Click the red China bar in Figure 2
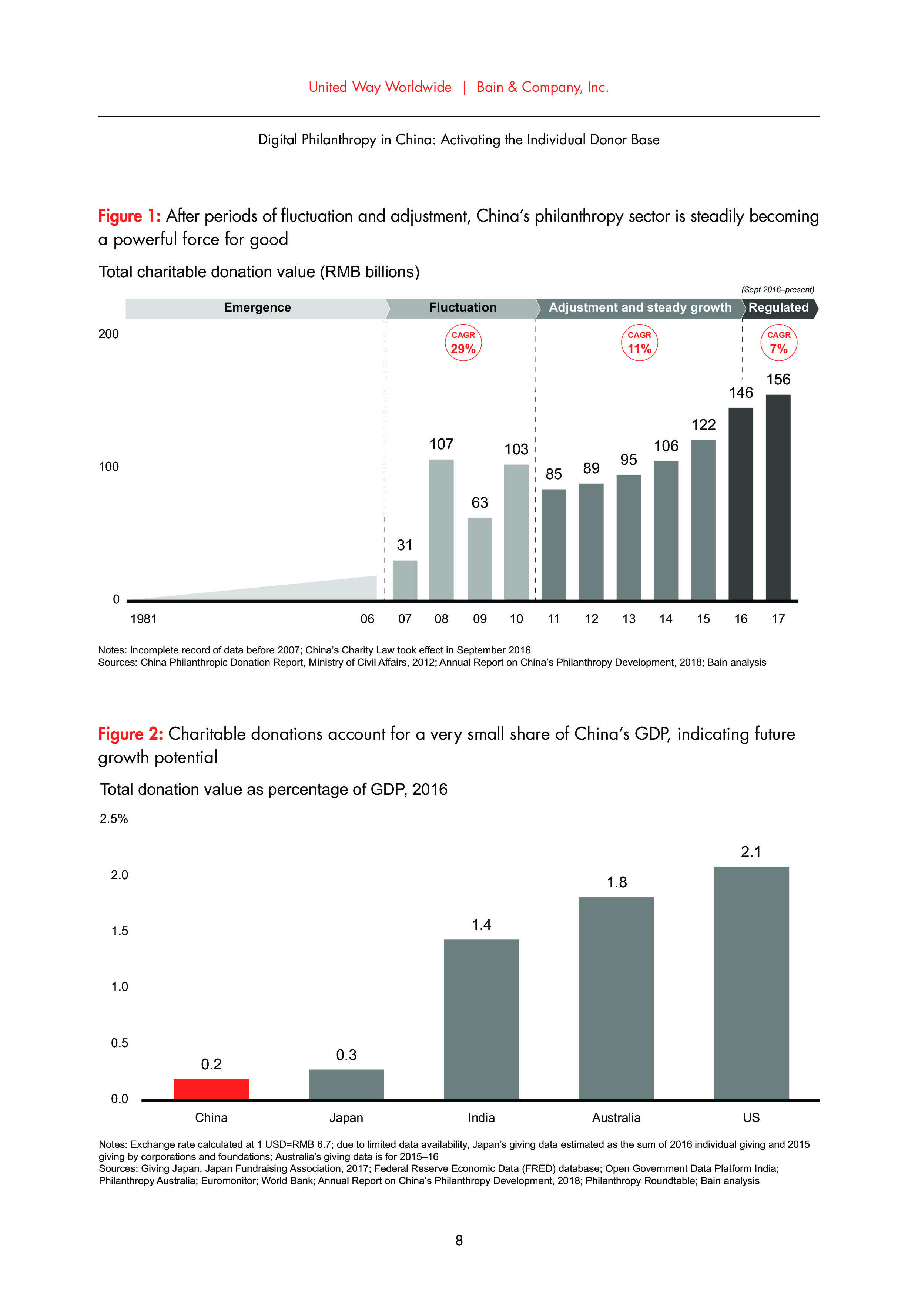coord(211,1089)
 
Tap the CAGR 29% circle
coord(463,343)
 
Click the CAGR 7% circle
coord(778,343)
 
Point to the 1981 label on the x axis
coord(144,619)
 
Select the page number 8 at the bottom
coord(459,1240)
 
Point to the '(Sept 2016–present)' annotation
coord(777,289)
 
